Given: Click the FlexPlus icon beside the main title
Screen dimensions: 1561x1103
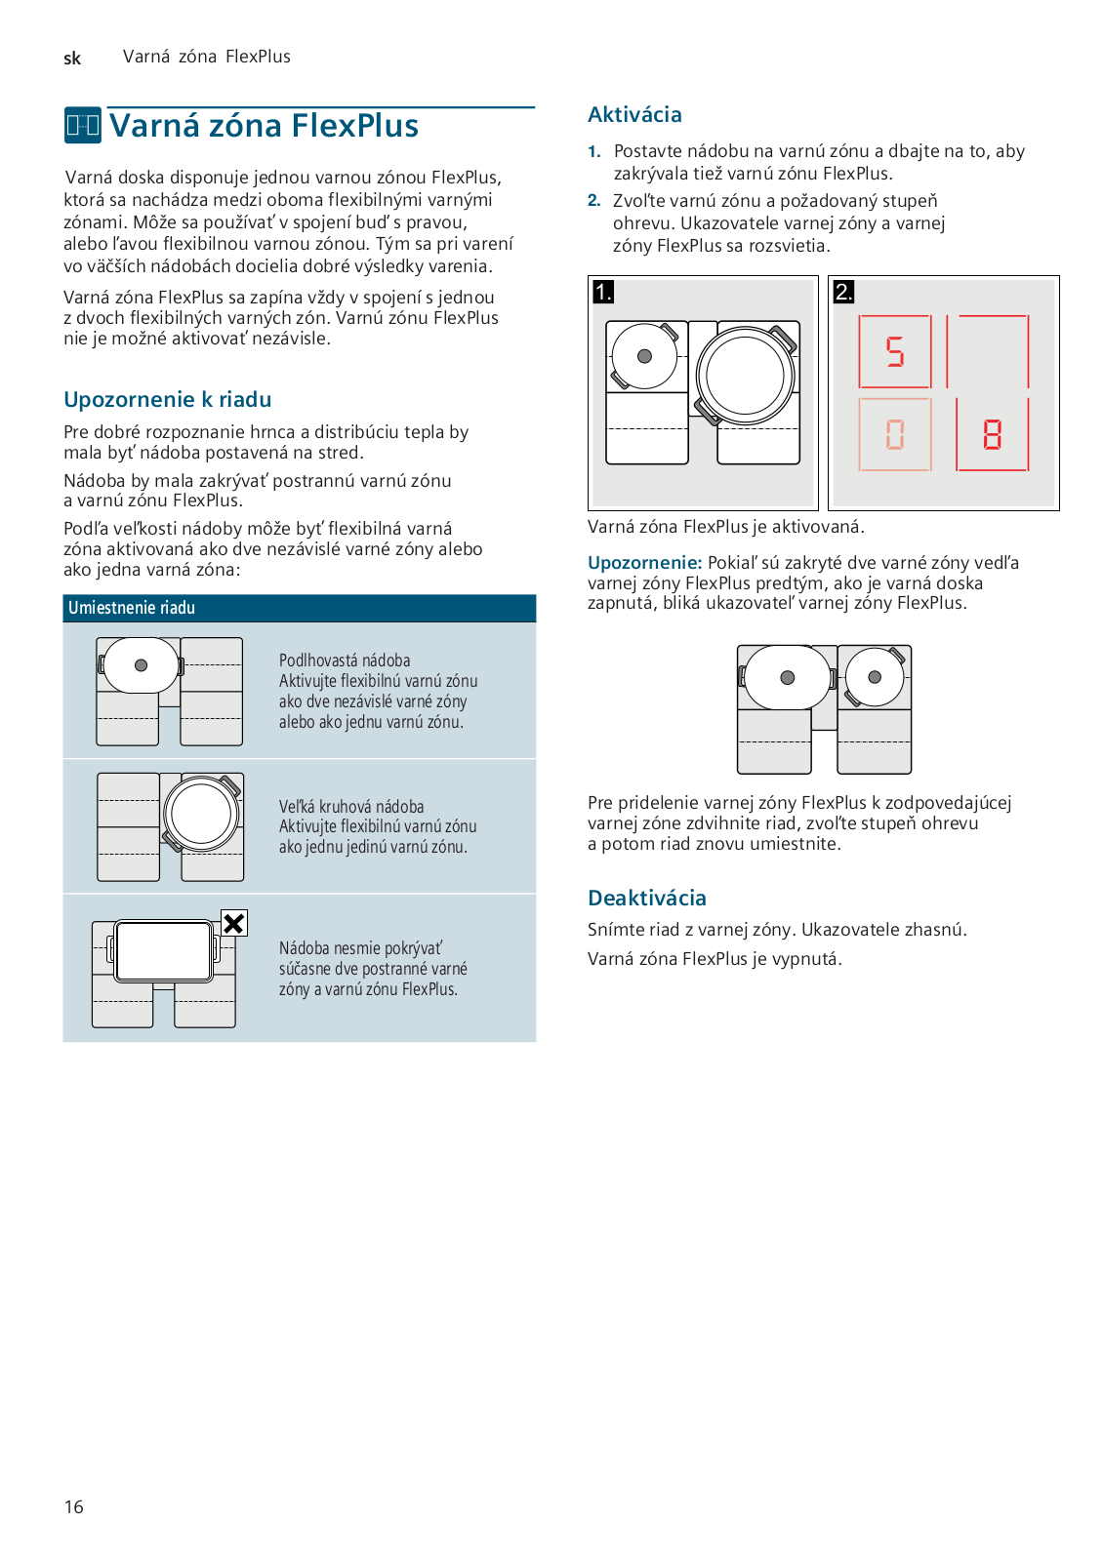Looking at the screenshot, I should coord(83,126).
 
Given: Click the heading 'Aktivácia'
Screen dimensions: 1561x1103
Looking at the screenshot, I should coord(634,115).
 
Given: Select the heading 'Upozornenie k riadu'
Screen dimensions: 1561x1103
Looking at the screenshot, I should coord(167,400).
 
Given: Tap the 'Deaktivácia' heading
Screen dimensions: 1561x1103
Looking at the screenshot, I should coord(646,899).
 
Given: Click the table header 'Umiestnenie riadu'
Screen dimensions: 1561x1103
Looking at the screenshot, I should coord(132,608).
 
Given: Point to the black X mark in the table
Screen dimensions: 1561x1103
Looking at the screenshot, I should coord(234,923).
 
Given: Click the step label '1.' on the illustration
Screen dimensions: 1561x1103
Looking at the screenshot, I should coord(603,292).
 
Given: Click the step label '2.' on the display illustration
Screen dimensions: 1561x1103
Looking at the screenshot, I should coord(843,292).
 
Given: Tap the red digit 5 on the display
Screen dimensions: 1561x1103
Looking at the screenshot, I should coord(895,351).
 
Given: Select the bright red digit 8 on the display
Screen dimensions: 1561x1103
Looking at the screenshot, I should coord(992,434).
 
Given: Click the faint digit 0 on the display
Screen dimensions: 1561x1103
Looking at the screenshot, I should coord(895,434).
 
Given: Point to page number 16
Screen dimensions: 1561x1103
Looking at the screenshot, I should coord(74,1507).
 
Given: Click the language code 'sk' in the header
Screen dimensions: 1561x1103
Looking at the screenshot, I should coord(72,59).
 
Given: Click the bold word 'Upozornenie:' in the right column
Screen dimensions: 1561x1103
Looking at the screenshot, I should coord(644,563).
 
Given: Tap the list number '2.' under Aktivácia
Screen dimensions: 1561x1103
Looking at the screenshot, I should coord(594,201).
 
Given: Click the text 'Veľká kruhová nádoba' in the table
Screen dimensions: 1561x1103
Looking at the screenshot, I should coord(351,807).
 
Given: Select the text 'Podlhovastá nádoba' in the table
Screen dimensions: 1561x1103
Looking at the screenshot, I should coord(345,660).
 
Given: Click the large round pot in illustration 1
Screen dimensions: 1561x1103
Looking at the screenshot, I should coord(746,376).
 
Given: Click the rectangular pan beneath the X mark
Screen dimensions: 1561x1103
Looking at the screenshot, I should coord(163,950).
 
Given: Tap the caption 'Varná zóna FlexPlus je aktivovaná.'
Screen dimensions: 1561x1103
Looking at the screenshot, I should coord(725,527).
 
